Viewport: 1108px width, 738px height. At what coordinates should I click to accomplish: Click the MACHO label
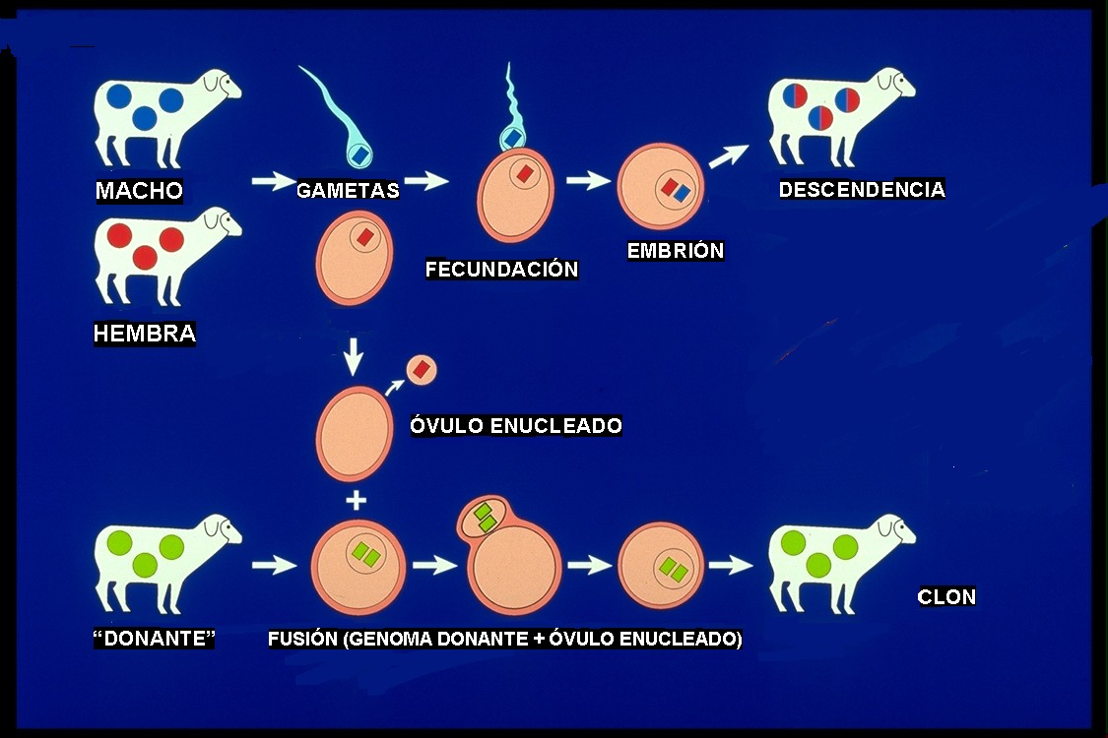[x=139, y=190]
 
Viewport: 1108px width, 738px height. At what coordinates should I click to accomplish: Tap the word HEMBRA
[x=145, y=333]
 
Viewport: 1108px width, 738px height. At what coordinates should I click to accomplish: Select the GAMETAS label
[x=348, y=190]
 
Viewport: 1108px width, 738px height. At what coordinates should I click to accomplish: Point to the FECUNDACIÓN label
[x=501, y=269]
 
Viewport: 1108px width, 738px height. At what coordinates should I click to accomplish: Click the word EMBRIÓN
[x=676, y=250]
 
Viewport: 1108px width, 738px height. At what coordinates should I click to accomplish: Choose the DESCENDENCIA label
[x=862, y=189]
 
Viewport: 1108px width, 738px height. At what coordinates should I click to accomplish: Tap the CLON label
[x=946, y=596]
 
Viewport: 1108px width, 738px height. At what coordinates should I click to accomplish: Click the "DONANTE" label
[x=154, y=639]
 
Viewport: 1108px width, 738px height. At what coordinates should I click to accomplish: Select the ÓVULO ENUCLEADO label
[x=516, y=425]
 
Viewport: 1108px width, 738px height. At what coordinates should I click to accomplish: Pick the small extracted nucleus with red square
[x=422, y=369]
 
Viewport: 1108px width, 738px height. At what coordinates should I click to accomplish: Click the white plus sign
[x=357, y=501]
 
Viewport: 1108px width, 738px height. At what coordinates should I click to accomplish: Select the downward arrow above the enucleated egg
[x=353, y=356]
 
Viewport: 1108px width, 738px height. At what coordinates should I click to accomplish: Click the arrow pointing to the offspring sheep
[x=729, y=156]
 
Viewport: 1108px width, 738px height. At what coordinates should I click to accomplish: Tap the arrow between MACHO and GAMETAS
[x=275, y=181]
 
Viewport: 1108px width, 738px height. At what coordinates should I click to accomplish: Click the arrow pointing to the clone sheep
[x=732, y=564]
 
